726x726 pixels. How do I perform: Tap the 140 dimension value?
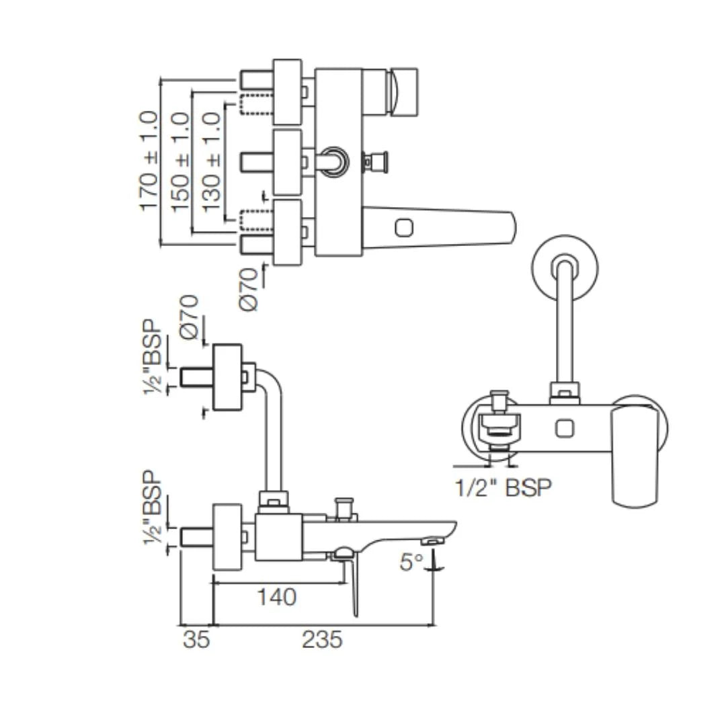click(x=276, y=596)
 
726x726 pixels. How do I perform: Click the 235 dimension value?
click(x=321, y=639)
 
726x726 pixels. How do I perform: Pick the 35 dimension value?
click(x=196, y=639)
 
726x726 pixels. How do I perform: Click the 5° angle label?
click(x=411, y=562)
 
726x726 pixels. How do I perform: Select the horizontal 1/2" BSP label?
click(x=503, y=487)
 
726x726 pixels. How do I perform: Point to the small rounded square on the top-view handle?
click(x=404, y=229)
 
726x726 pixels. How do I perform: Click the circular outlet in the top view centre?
click(x=333, y=161)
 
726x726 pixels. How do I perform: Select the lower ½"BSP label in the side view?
click(x=154, y=509)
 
